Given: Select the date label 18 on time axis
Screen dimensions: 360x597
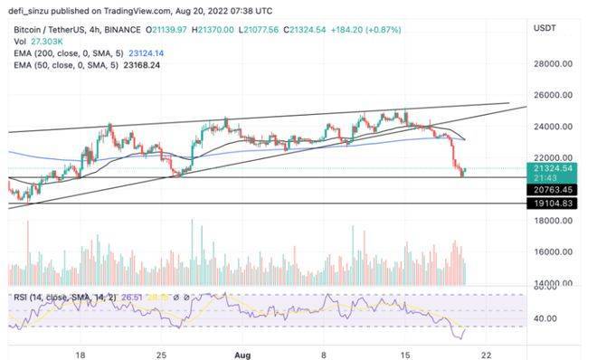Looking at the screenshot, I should [81, 354].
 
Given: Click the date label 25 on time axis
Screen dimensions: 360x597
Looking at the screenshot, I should [161, 354].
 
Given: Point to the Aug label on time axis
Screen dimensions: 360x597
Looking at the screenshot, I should [242, 354].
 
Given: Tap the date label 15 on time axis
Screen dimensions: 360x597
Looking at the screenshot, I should [405, 354].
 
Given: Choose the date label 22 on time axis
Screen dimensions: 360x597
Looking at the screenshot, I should [486, 354].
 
